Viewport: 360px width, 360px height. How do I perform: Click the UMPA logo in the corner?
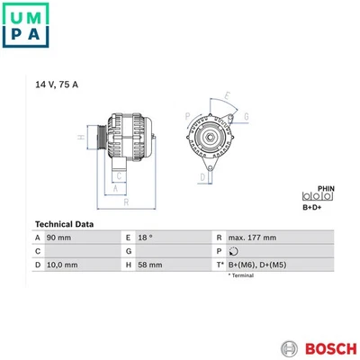(25, 25)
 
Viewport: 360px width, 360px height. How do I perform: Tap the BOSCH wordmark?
(331, 349)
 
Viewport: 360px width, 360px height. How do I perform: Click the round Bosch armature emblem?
(290, 349)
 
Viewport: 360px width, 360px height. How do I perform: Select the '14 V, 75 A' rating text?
(57, 85)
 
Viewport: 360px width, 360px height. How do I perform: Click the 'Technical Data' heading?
(64, 224)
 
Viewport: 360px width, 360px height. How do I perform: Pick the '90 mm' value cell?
(58, 238)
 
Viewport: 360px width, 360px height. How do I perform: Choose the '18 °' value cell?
(145, 238)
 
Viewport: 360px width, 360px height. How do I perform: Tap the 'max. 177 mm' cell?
(252, 238)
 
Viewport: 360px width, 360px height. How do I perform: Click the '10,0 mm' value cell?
(62, 265)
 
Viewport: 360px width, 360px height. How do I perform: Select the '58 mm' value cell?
(150, 265)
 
